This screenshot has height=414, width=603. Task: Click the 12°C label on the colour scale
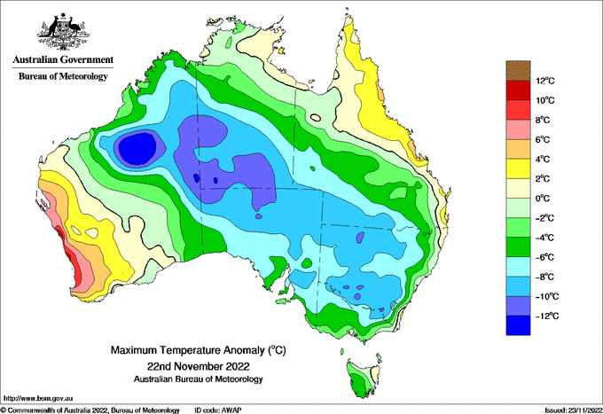point(545,81)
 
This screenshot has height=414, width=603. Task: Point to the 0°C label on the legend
point(543,199)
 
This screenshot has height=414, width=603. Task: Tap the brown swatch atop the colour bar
point(518,70)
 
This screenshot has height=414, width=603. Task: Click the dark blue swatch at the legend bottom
point(518,325)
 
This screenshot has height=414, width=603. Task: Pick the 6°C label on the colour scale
point(543,140)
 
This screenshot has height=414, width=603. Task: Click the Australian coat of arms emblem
point(63,32)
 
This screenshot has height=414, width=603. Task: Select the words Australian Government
point(63,59)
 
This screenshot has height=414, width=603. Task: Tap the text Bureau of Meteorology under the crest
point(63,76)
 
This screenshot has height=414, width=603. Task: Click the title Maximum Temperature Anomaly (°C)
point(199,350)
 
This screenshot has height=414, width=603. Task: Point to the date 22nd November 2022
point(199,365)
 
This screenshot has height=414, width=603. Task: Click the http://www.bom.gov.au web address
point(38,398)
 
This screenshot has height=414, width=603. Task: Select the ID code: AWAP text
point(218,410)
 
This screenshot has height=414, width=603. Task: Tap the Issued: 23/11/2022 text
point(574,410)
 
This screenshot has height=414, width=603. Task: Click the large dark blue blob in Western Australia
point(137,148)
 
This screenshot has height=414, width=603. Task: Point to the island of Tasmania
point(364,375)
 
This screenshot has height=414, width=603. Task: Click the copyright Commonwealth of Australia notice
point(90,410)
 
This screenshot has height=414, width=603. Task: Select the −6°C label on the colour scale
point(545,257)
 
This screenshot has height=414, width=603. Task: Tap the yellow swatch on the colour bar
point(518,168)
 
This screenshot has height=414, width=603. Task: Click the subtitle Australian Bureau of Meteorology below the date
point(199,379)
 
